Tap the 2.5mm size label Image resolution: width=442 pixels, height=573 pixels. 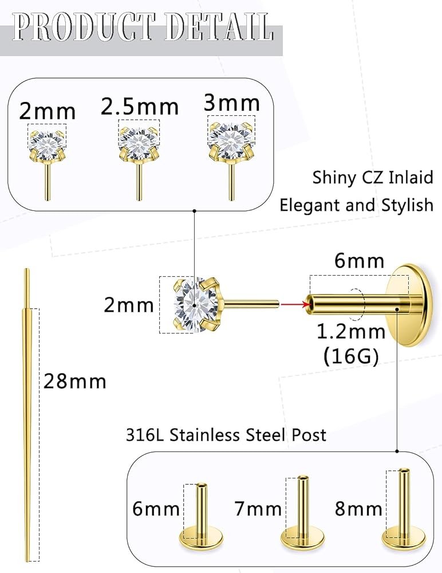click(x=140, y=107)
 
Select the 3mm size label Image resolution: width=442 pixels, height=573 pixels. click(x=232, y=103)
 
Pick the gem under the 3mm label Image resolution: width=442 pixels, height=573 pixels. click(x=231, y=138)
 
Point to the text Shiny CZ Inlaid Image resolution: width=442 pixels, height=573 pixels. click(x=373, y=178)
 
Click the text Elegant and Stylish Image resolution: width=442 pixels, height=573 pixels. click(x=356, y=205)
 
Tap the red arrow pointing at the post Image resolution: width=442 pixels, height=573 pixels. click(x=292, y=304)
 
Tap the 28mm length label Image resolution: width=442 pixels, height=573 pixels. click(x=75, y=380)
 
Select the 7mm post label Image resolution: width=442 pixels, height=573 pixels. click(x=258, y=508)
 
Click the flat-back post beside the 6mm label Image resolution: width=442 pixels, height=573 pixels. click(x=201, y=516)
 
